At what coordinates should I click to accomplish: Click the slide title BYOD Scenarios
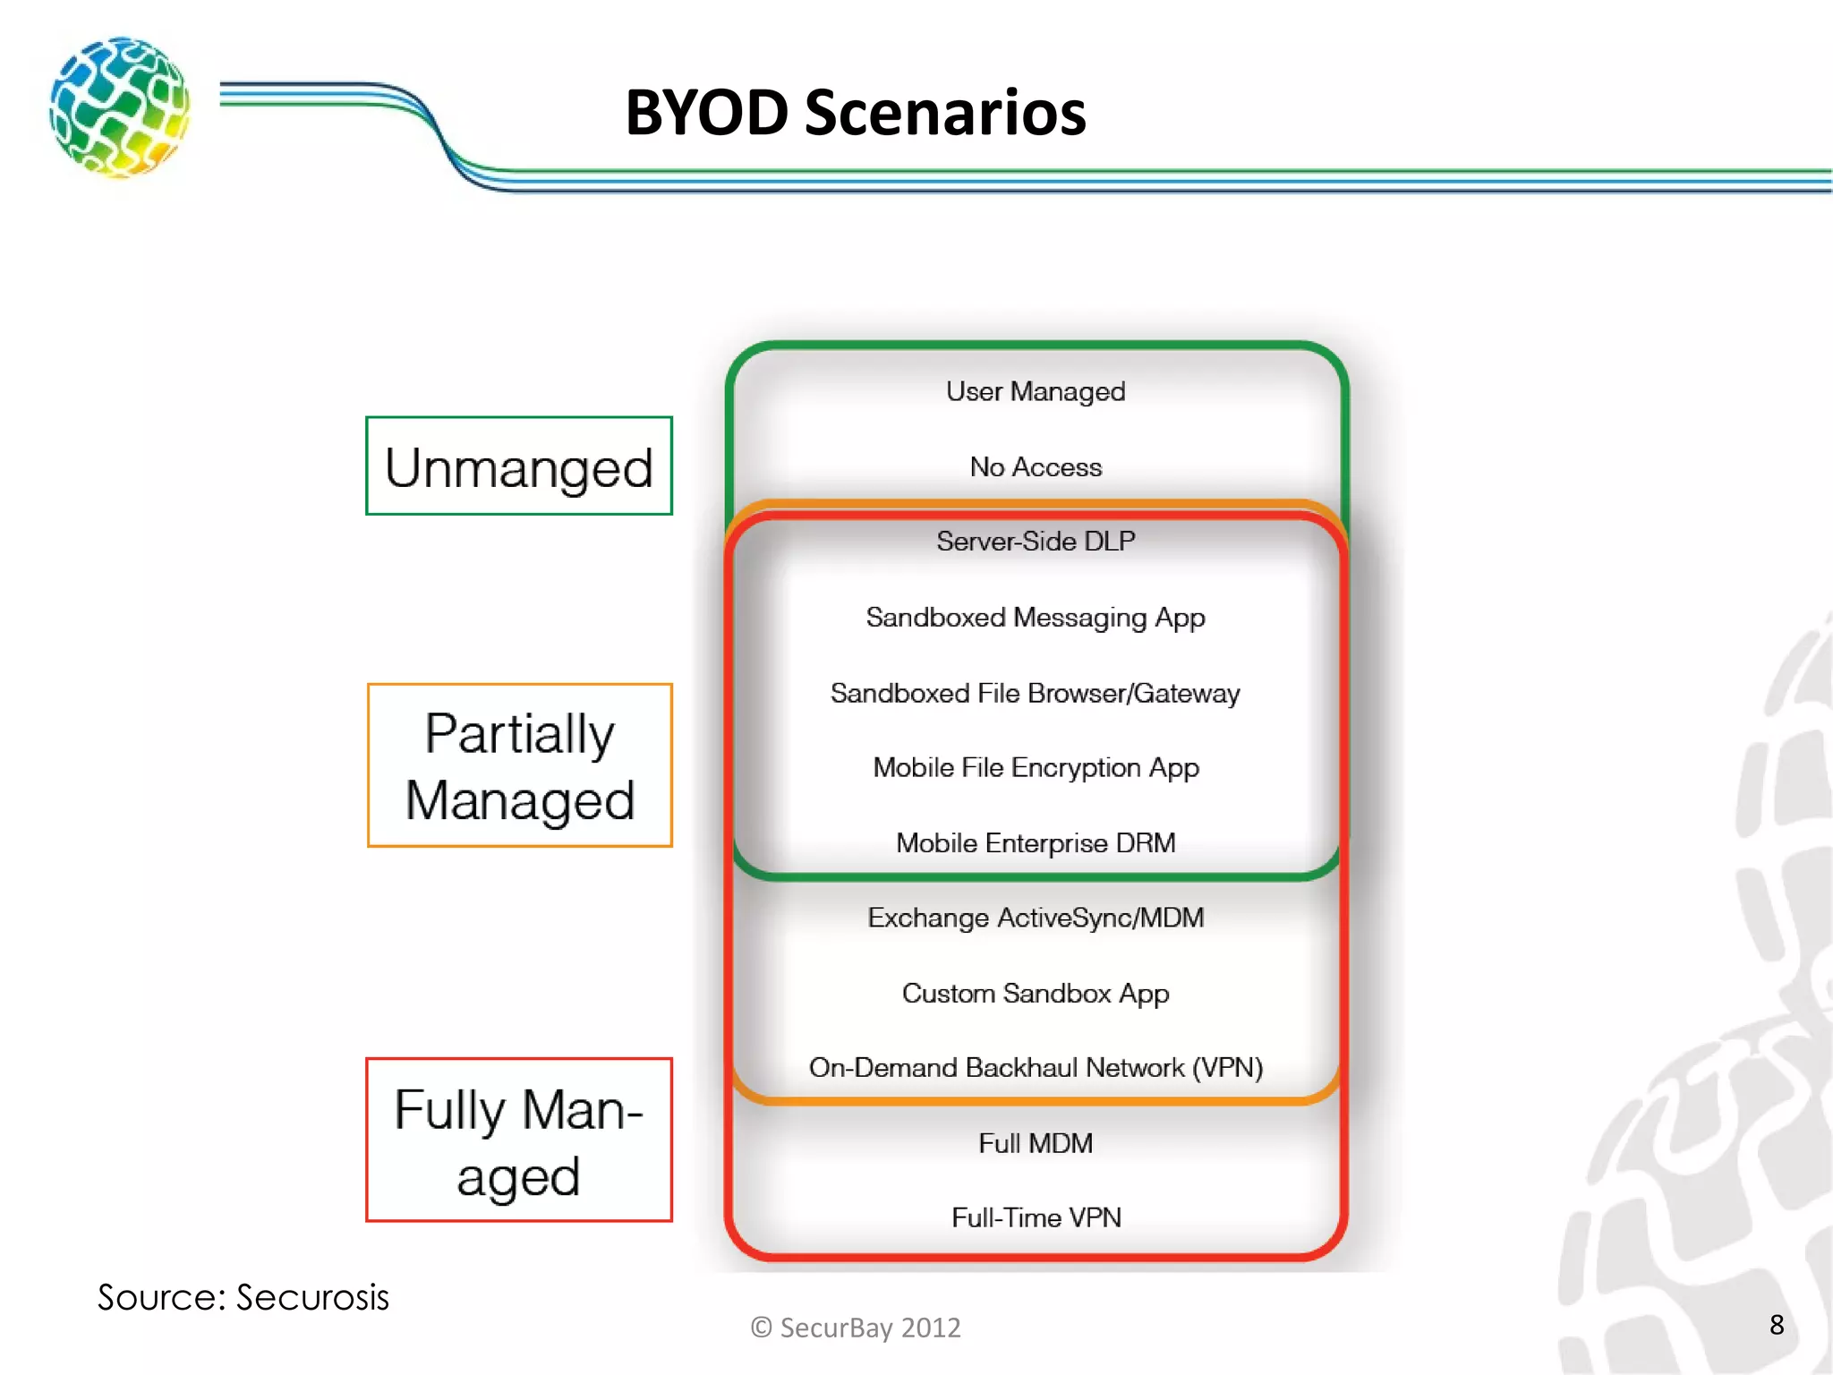coord(855,113)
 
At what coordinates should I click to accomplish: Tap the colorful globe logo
coord(120,107)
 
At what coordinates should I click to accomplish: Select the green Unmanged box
coord(519,466)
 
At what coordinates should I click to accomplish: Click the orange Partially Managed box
coord(519,765)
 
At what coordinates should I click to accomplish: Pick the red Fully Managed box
coord(519,1140)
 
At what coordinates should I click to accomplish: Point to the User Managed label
coord(1036,392)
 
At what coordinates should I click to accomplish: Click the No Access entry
coord(1036,467)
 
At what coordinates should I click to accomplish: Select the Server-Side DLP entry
coord(1036,542)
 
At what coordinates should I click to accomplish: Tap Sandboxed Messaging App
coord(1036,618)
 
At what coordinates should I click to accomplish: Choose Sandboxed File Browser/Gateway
coord(1036,694)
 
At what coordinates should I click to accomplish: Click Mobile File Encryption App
coord(1036,768)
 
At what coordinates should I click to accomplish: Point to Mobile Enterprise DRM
coord(1036,843)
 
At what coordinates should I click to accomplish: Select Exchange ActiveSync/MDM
coord(1036,918)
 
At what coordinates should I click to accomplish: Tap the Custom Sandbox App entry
coord(1036,994)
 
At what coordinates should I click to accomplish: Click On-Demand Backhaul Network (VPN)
coord(1036,1068)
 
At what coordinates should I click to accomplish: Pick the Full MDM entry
coord(1036,1143)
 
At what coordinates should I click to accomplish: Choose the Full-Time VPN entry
coord(1036,1217)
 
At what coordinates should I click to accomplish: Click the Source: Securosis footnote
coord(243,1297)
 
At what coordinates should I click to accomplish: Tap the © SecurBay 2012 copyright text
coord(856,1328)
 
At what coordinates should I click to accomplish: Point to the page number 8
coord(1777,1325)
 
